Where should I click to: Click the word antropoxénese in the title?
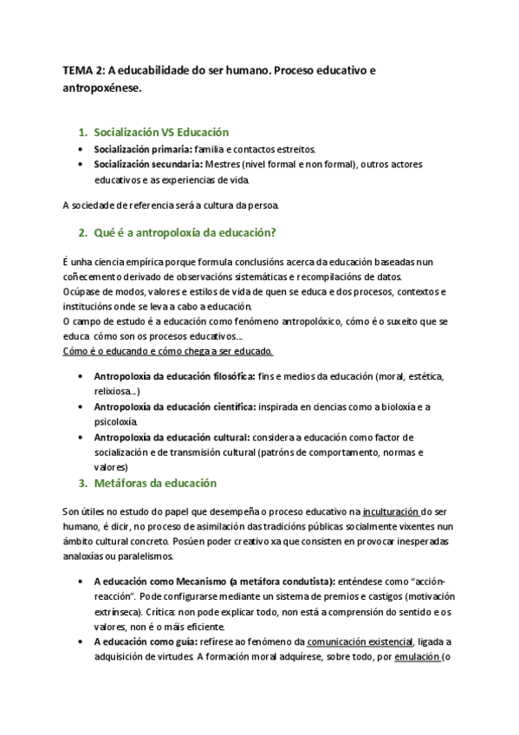click(101, 88)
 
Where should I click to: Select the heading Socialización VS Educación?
click(161, 133)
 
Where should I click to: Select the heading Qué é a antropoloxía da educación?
click(185, 232)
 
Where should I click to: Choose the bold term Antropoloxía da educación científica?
click(174, 407)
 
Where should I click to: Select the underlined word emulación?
click(417, 656)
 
